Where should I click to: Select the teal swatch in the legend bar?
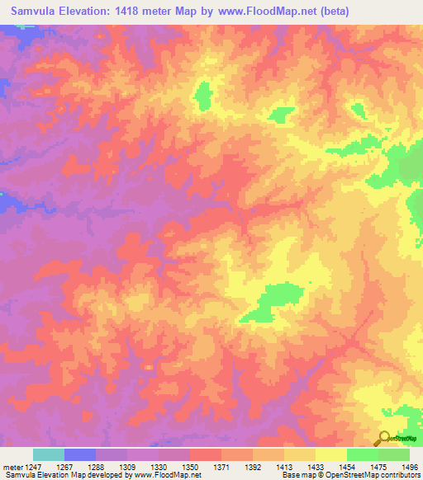click(x=49, y=454)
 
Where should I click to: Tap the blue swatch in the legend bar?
click(x=80, y=454)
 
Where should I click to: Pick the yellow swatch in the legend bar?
click(x=331, y=454)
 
